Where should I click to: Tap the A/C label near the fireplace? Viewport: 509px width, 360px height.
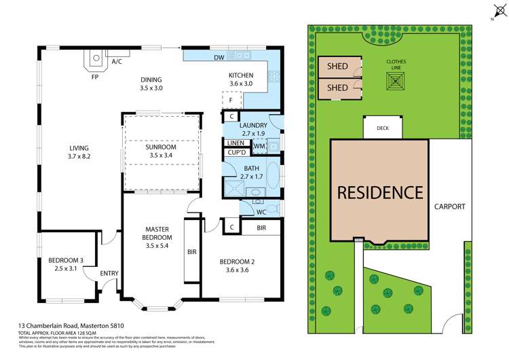[x=117, y=62]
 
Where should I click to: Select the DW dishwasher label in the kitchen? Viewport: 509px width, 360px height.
[x=219, y=58]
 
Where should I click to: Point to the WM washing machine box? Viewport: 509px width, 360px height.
[x=259, y=145]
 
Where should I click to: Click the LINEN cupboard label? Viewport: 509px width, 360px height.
[x=236, y=143]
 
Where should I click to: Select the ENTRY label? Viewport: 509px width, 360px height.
[x=109, y=274]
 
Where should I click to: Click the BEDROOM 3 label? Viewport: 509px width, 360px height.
[x=66, y=260]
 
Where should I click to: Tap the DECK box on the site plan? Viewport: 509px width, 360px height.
[x=383, y=127]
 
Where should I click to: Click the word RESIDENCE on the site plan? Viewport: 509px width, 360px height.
[x=379, y=192]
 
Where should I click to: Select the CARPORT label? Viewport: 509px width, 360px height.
[x=449, y=206]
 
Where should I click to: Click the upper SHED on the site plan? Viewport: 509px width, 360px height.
[x=337, y=67]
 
